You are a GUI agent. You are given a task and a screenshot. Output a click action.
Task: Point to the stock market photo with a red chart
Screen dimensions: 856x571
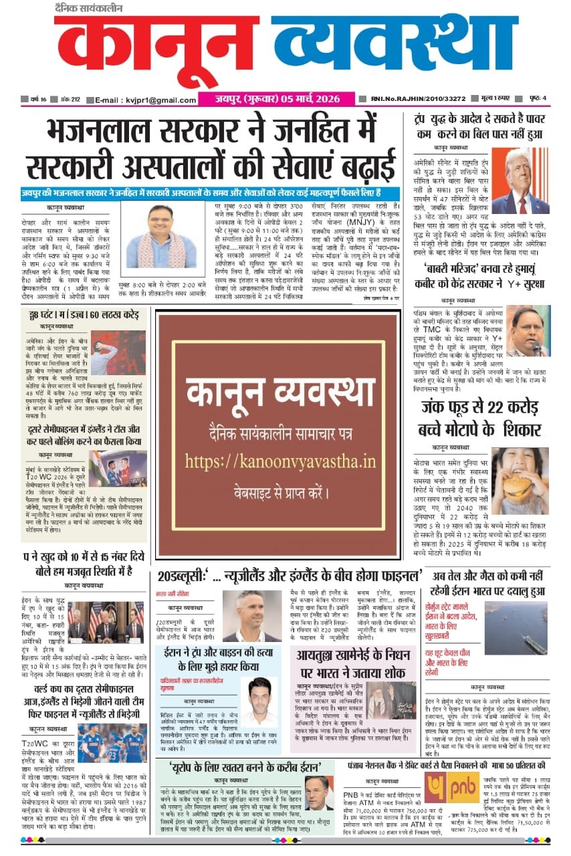tap(118, 353)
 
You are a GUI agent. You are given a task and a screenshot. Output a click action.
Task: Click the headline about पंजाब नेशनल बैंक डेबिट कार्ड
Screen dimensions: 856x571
tap(453, 764)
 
